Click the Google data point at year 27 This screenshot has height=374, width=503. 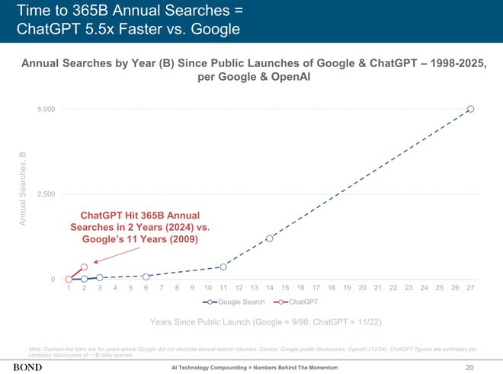(x=470, y=109)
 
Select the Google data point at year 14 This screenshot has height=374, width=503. (x=270, y=238)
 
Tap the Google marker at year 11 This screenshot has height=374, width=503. (x=223, y=267)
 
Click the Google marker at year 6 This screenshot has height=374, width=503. (x=146, y=276)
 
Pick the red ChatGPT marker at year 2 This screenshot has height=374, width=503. (x=84, y=267)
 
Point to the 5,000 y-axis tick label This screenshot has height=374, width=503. (x=45, y=110)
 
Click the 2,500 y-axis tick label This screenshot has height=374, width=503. (x=45, y=194)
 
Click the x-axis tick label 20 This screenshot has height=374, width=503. (x=362, y=288)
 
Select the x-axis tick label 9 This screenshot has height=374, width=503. (x=192, y=288)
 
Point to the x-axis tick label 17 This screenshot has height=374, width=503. (x=316, y=288)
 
